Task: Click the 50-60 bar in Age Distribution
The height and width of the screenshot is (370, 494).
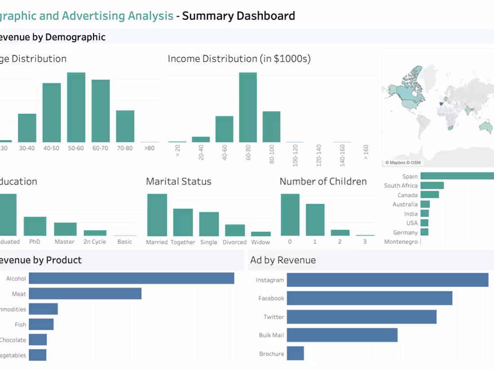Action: click(x=76, y=108)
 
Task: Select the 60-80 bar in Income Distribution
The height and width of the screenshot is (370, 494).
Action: click(x=248, y=108)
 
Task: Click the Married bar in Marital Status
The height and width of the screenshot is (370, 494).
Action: click(x=157, y=215)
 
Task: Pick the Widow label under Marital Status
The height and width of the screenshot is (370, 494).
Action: click(x=260, y=242)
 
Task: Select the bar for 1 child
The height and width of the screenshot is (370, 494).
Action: click(x=315, y=220)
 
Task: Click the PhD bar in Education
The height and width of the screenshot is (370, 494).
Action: click(x=35, y=226)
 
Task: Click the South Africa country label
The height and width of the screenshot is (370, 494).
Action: click(x=401, y=186)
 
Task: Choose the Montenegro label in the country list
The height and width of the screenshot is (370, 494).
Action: click(x=401, y=242)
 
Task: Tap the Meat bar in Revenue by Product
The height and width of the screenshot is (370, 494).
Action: click(x=85, y=294)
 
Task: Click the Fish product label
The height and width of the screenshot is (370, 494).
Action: click(x=20, y=325)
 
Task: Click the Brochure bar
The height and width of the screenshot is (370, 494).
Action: click(x=296, y=353)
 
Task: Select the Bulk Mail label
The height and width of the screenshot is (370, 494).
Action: click(x=271, y=335)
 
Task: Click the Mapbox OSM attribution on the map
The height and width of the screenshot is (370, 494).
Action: click(x=403, y=162)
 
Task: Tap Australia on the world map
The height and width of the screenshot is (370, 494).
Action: click(x=485, y=127)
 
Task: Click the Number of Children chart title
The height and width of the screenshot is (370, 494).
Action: click(x=323, y=182)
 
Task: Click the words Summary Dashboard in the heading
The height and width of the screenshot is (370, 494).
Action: click(x=238, y=16)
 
